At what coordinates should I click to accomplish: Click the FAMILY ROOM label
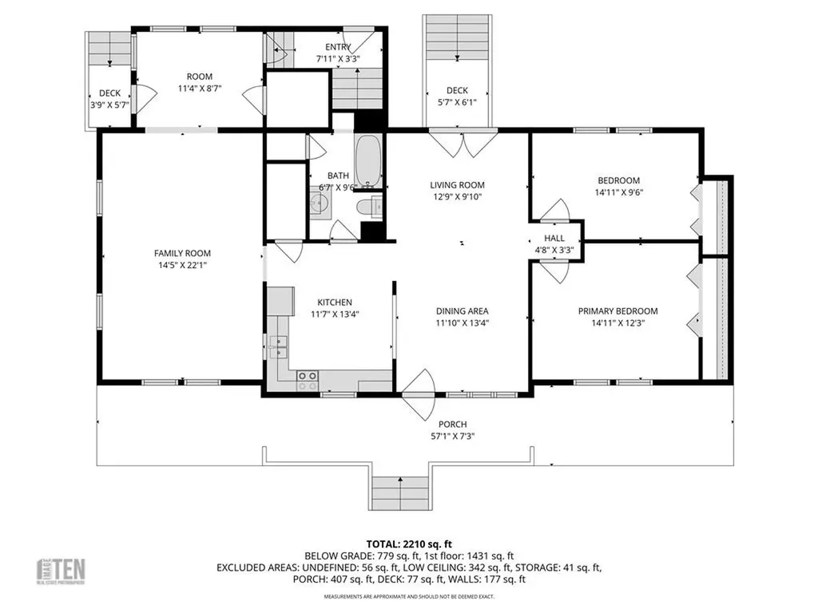click(182, 253)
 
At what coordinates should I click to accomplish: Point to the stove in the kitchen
click(308, 380)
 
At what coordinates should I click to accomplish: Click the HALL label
click(554, 238)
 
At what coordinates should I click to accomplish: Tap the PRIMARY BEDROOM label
click(618, 311)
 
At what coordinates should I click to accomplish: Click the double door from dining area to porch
click(419, 394)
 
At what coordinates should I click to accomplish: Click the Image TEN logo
click(62, 571)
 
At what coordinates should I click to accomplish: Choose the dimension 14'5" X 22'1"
click(182, 265)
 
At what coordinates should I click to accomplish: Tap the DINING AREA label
click(462, 311)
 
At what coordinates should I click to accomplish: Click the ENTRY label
click(338, 46)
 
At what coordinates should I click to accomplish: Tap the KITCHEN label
click(335, 303)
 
